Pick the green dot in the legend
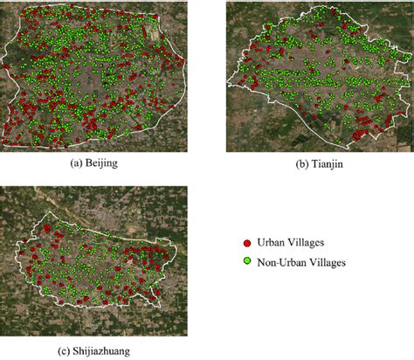tap(247, 260)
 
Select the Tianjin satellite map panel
tap(319, 76)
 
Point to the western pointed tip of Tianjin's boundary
tap(229, 85)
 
